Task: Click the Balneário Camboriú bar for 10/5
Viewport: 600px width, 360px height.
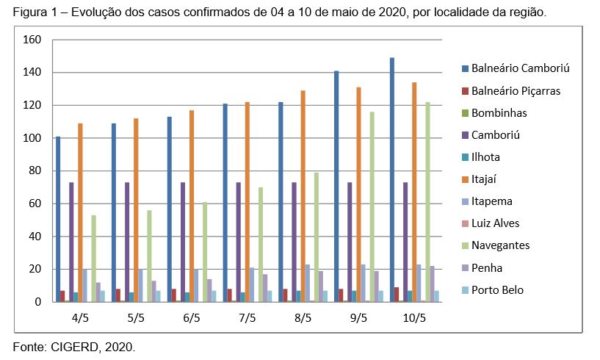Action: (x=392, y=180)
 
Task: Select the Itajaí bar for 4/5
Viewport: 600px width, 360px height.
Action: (x=80, y=212)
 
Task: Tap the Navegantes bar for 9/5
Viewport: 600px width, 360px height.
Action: (x=372, y=206)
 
